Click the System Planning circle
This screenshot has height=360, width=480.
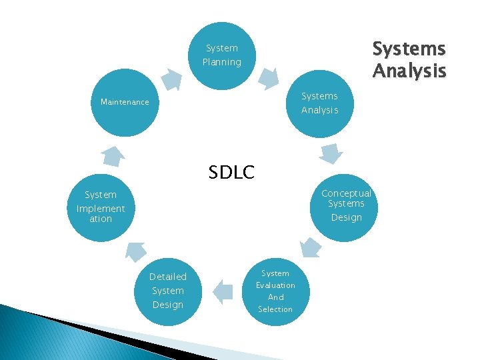point(222,55)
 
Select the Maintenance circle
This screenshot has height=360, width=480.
point(125,103)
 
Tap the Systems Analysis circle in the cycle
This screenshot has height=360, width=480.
point(319,103)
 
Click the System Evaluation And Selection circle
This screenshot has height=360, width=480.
point(275,291)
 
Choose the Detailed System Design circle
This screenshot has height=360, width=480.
point(168,291)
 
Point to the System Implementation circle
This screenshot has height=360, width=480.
point(101,207)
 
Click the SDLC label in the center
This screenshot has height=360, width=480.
point(231,173)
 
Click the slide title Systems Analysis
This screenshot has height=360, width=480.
point(408,59)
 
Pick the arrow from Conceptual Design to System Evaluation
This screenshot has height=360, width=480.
point(309,247)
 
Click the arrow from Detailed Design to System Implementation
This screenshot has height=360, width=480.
point(136,251)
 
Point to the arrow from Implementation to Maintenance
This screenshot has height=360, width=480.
point(113,155)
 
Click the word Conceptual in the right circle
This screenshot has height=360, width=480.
point(346,193)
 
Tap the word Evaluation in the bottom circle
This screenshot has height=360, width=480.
point(275,285)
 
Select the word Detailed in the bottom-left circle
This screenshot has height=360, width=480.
point(168,277)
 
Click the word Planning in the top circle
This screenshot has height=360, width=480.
point(222,62)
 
